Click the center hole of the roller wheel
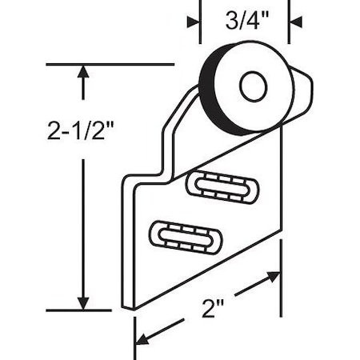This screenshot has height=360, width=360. coord(253,86)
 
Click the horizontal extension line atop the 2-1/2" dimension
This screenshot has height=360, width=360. coord(120,63)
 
